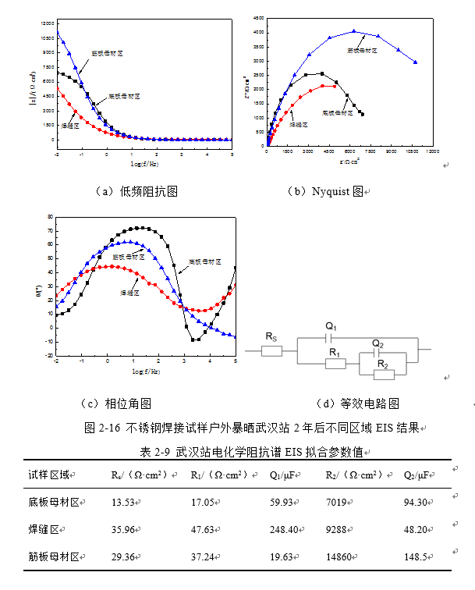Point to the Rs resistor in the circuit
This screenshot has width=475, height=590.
(x=271, y=350)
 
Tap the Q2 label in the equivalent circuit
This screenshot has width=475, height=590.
(x=378, y=343)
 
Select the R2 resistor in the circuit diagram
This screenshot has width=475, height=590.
(x=382, y=374)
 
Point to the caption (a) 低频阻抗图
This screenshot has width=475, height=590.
(x=136, y=190)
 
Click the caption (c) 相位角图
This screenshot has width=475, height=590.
(x=117, y=403)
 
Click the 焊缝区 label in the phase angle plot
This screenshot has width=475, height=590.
(x=129, y=292)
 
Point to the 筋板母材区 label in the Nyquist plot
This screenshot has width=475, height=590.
(x=362, y=50)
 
